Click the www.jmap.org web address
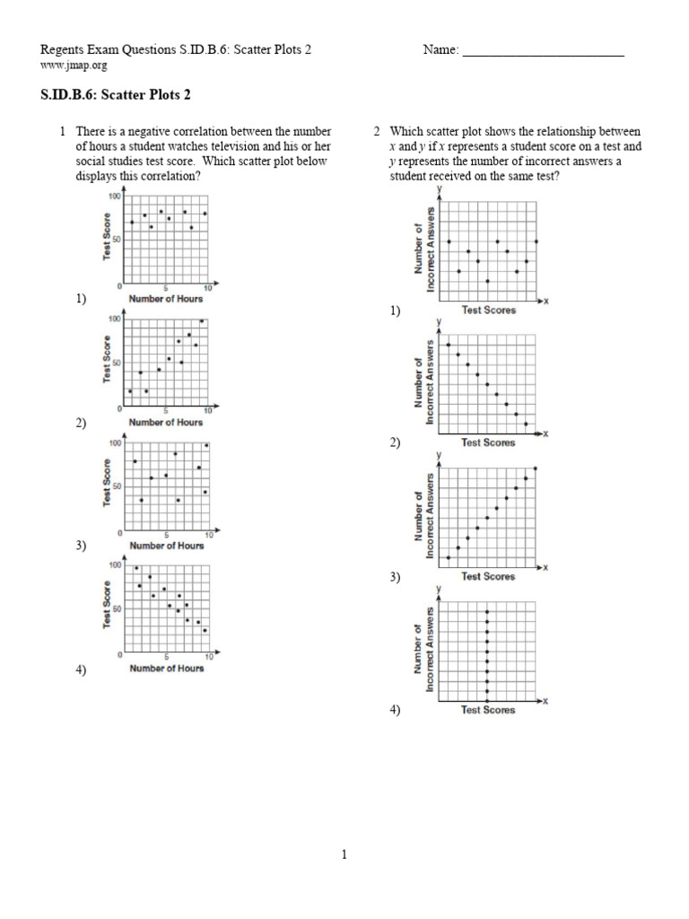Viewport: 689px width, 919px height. coord(74,66)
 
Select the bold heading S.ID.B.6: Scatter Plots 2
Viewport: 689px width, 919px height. coord(116,93)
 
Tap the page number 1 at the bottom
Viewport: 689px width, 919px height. coord(344,855)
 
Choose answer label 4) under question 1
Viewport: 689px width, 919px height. coord(81,670)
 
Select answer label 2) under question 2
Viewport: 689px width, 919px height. coord(395,442)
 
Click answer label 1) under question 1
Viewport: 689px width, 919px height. coord(81,300)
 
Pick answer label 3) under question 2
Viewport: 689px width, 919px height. coord(395,577)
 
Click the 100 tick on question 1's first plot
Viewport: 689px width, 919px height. coord(115,196)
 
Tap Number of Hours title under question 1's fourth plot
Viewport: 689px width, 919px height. coord(166,668)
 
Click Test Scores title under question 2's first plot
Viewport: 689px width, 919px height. coord(488,311)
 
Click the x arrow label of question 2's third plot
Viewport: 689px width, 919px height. coord(545,567)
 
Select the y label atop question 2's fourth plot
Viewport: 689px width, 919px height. coord(439,589)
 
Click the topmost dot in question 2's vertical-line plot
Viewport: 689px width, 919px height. coord(487,613)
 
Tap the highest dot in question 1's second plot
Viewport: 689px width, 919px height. coord(201,321)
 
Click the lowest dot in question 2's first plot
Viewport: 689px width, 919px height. coord(487,281)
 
